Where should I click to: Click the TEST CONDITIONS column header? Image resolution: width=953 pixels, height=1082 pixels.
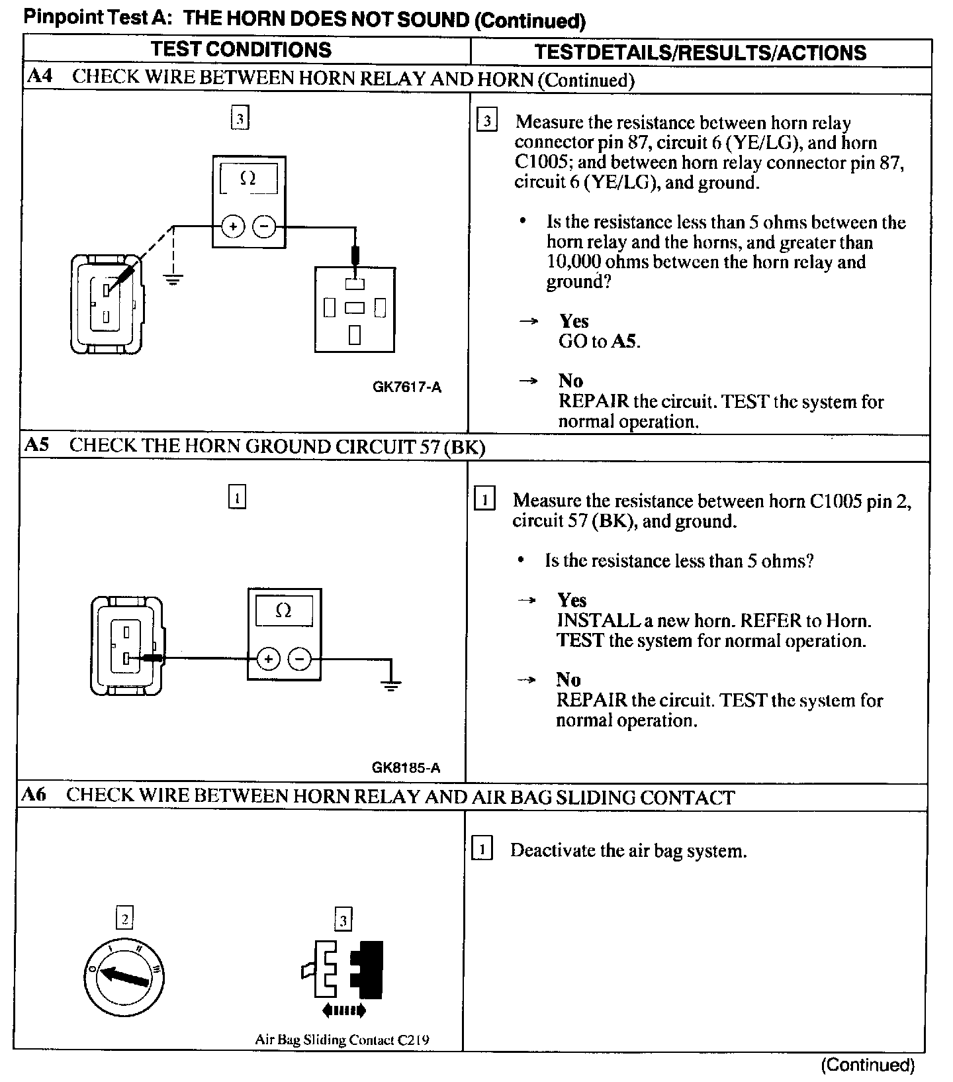[241, 50]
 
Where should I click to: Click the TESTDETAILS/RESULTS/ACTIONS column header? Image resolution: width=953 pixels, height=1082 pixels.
[700, 52]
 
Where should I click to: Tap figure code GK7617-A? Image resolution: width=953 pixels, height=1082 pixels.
[406, 387]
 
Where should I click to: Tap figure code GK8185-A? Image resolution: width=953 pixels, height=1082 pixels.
[406, 768]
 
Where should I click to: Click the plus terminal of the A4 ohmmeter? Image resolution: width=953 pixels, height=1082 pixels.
[232, 227]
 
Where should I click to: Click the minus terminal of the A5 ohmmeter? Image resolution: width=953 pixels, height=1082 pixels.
[300, 659]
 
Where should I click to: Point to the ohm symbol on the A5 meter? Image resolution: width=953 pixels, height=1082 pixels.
[283, 611]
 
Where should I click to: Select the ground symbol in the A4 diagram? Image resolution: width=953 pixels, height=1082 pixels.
[173, 278]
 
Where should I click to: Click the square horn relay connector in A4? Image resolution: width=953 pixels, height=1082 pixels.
[355, 309]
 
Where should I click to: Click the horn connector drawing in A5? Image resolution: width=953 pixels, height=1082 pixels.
[126, 646]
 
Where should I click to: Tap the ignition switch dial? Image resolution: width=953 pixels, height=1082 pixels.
[125, 977]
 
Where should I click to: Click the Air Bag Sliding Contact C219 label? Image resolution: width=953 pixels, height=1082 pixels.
[341, 1040]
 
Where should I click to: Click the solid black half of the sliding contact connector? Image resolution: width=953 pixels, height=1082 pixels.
[369, 969]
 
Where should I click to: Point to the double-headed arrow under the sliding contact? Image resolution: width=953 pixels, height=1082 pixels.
[343, 1010]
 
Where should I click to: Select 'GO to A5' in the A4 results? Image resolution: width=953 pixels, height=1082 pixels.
[600, 342]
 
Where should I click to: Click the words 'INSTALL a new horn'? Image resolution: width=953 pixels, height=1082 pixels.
[646, 620]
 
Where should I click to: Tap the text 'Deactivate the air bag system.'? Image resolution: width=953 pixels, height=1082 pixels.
[628, 851]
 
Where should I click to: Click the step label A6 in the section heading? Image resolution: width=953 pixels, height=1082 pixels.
[34, 795]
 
